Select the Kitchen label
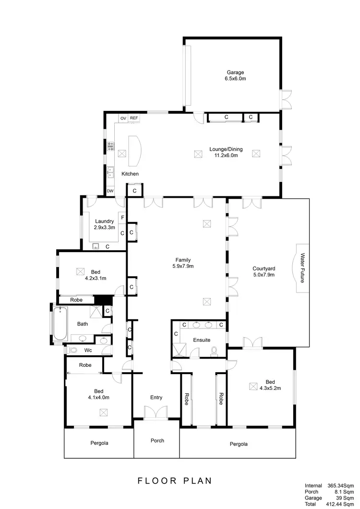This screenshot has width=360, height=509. [130, 173]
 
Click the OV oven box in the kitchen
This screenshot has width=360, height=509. [123, 118]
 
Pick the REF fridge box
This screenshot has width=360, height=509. [134, 118]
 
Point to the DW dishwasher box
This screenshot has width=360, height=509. [110, 191]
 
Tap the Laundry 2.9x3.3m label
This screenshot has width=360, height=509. [104, 224]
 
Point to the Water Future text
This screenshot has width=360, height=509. [302, 268]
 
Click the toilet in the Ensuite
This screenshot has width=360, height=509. [214, 351]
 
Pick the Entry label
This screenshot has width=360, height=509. [156, 397]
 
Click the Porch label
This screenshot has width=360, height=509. [157, 440]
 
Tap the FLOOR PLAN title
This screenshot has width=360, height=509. [174, 480]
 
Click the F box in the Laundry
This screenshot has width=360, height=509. [122, 218]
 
